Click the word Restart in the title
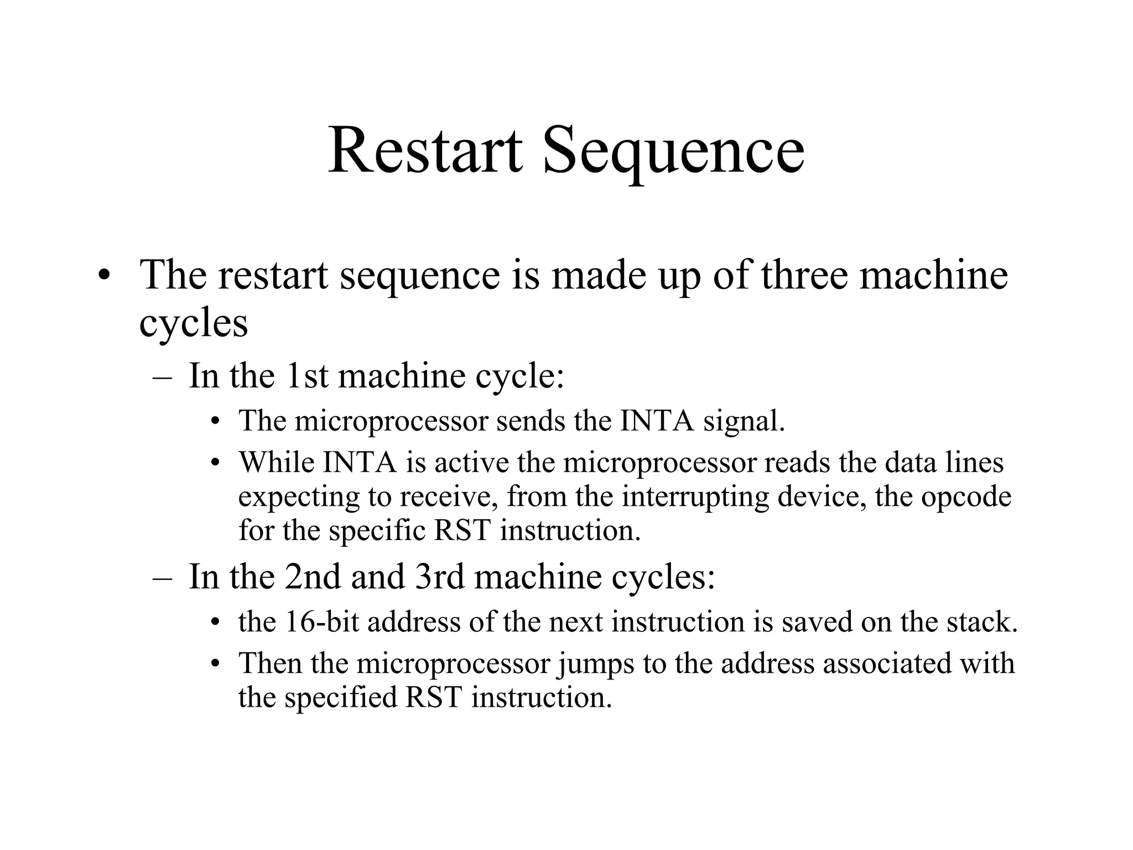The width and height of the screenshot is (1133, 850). click(x=425, y=151)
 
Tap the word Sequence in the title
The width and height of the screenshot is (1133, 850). click(x=673, y=151)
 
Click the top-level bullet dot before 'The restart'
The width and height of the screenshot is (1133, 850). click(x=102, y=276)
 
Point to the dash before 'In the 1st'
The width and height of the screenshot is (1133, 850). click(x=162, y=376)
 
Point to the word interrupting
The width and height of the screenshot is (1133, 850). click(x=695, y=496)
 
